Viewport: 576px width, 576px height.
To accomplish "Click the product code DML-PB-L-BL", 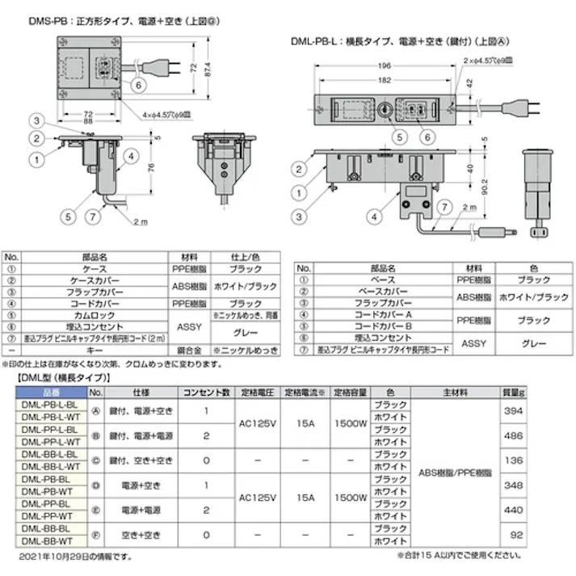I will tap(49, 403).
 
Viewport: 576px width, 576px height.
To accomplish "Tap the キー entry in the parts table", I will tap(90, 351).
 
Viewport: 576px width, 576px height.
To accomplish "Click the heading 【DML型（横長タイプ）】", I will tap(65, 378).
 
